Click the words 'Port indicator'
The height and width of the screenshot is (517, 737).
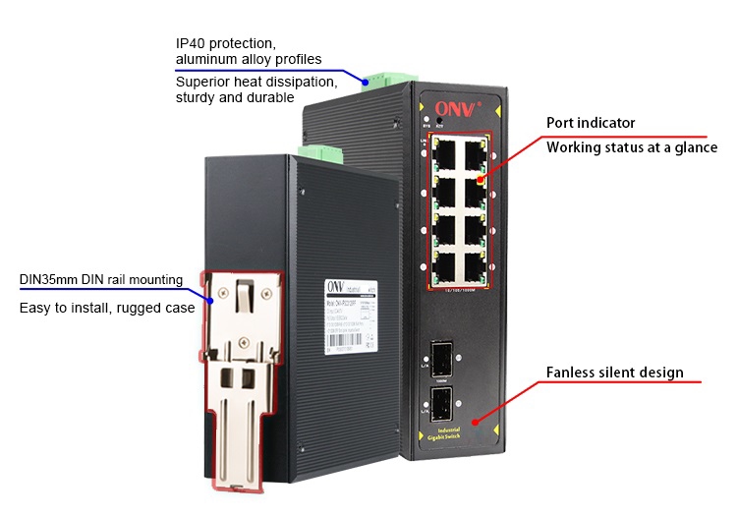pyautogui.click(x=591, y=123)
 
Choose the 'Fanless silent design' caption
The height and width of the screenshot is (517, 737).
pyautogui.click(x=614, y=373)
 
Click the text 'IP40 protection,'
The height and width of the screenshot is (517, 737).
pyautogui.click(x=226, y=44)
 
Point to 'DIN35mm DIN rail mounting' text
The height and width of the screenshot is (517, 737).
pyautogui.click(x=101, y=279)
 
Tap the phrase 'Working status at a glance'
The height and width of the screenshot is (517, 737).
pyautogui.click(x=632, y=147)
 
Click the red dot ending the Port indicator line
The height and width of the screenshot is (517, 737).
pyautogui.click(x=481, y=179)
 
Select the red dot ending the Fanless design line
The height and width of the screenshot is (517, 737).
pyautogui.click(x=477, y=422)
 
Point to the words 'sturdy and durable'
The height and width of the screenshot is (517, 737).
pyautogui.click(x=235, y=97)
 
